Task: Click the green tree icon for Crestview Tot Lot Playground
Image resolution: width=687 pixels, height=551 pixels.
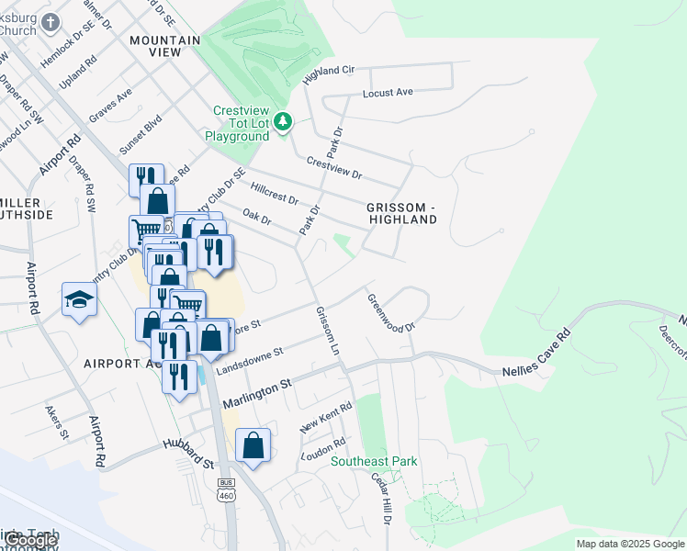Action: coord(284,120)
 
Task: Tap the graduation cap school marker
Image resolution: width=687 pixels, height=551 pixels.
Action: coord(80,299)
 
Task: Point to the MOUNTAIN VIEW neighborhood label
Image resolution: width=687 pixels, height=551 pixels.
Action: coord(165,47)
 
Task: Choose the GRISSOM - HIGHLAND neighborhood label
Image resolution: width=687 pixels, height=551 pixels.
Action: coord(402,213)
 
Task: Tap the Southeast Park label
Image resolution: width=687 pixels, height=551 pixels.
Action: coord(374,461)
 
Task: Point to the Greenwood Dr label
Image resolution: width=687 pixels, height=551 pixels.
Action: coord(392,312)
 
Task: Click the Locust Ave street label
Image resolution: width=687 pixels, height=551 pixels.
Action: coord(388,93)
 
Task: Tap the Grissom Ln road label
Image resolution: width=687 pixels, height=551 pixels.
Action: coord(328,332)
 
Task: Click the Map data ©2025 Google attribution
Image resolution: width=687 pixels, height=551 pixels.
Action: coord(630,544)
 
